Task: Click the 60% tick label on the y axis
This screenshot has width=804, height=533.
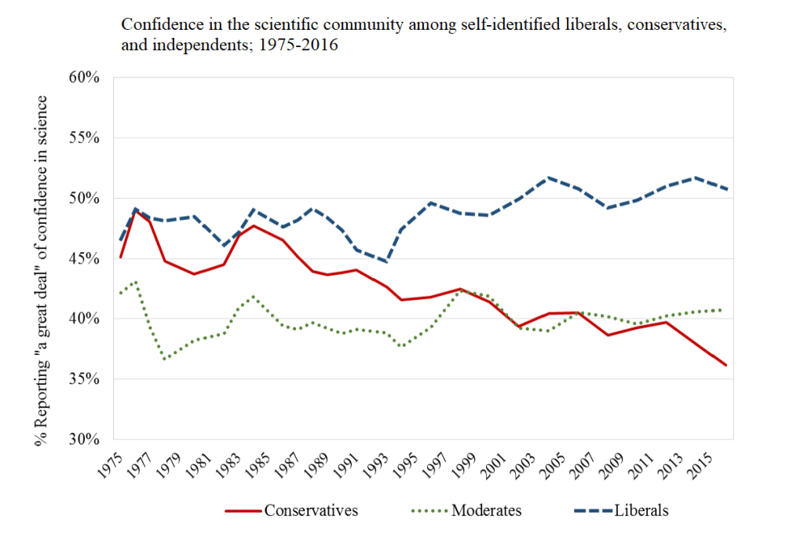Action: click(x=84, y=78)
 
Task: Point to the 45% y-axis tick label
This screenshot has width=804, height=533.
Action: click(x=84, y=258)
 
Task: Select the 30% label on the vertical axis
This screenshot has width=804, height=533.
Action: click(x=84, y=440)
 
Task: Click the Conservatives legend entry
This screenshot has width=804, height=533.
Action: click(x=311, y=510)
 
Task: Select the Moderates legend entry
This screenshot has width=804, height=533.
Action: click(x=486, y=510)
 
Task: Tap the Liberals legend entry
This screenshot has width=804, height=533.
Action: click(x=641, y=510)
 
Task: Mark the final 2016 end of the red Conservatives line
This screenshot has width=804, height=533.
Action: click(x=727, y=365)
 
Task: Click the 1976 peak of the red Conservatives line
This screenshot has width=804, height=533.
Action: click(x=135, y=210)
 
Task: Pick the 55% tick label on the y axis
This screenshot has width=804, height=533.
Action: click(x=84, y=138)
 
